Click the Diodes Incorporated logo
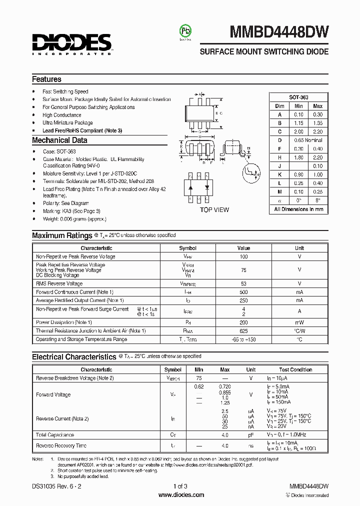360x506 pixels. click(71, 43)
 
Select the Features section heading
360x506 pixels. click(46, 79)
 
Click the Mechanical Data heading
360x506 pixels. click(59, 140)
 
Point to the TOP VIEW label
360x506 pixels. click(214, 209)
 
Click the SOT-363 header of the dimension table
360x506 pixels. click(298, 97)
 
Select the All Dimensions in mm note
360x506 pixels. click(298, 209)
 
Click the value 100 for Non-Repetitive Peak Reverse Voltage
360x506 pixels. click(243, 256)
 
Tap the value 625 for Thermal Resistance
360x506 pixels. click(243, 331)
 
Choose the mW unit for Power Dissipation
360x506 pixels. click(299, 322)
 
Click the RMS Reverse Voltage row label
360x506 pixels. click(59, 283)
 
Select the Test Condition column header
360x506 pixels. click(295, 369)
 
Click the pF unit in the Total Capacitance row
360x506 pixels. click(251, 435)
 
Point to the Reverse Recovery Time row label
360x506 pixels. click(61, 445)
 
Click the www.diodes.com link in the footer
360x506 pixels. click(181, 495)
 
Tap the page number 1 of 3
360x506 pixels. click(180, 486)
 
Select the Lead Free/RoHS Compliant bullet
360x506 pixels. click(82, 130)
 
